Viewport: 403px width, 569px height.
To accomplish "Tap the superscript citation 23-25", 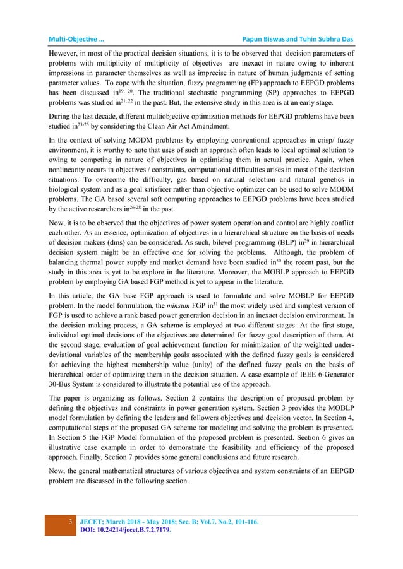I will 83,143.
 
